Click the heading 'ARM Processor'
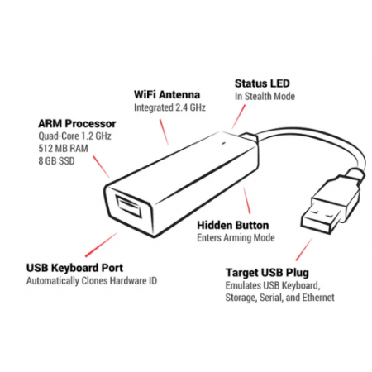(77, 124)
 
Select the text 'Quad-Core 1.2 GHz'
(74, 136)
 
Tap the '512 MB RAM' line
(63, 149)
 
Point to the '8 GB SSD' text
(56, 161)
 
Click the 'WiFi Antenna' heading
(167, 95)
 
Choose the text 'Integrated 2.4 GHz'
(169, 107)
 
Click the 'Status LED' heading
(262, 83)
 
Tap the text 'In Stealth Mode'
(265, 97)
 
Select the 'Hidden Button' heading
(233, 226)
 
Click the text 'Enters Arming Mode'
(236, 238)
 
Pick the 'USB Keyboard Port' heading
(74, 268)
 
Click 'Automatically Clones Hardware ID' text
(92, 281)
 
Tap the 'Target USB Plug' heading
(267, 273)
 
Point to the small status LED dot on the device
(223, 143)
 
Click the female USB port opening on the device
(129, 207)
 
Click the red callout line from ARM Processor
(101, 167)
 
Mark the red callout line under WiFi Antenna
(164, 132)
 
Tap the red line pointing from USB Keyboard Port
(101, 245)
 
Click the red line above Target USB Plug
(304, 250)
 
